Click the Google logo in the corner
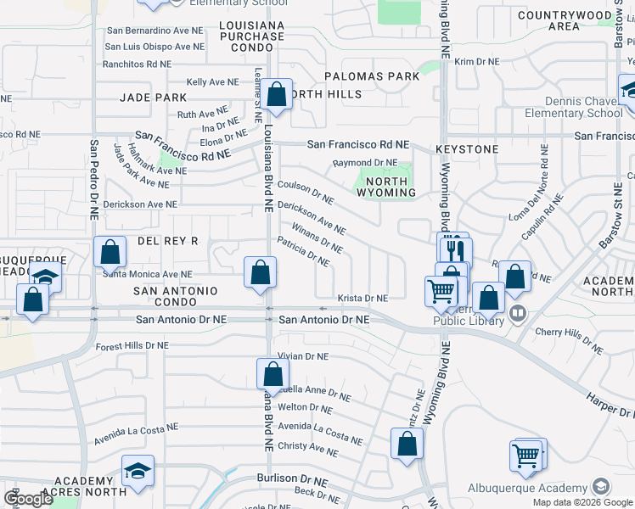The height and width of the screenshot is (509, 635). (x=28, y=499)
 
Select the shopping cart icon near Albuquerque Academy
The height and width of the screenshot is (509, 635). (x=527, y=456)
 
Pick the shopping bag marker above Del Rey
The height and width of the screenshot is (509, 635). (x=110, y=252)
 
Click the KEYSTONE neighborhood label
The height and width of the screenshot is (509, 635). (x=467, y=149)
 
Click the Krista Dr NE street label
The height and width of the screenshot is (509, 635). (x=362, y=299)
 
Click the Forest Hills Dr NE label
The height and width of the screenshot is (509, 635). (x=133, y=346)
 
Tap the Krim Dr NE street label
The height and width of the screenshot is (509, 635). (x=476, y=62)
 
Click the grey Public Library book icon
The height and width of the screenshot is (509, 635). (x=518, y=315)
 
